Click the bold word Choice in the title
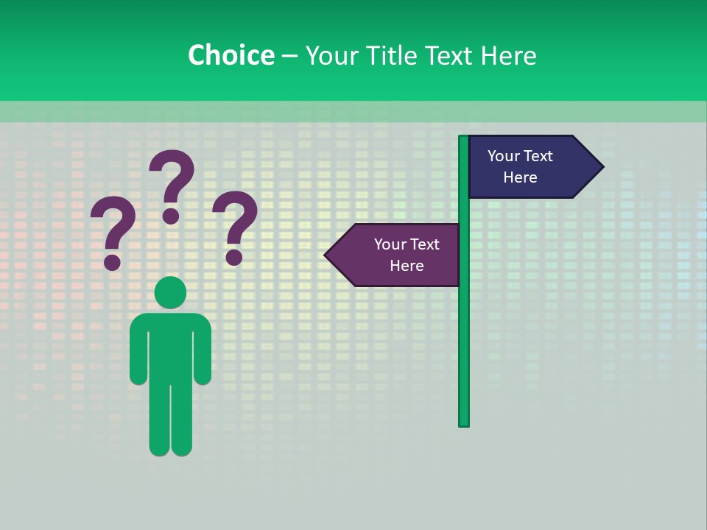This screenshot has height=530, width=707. pos(231,55)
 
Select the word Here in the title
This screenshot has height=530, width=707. pos(508,55)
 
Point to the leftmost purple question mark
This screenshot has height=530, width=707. pos(113,233)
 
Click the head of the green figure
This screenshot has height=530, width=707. pos(171,293)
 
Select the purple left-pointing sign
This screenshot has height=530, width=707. pos(398,255)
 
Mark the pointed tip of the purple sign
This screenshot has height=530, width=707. pos(327,255)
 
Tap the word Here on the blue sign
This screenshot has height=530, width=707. pos(520,177)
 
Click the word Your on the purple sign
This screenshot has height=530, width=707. pos(389,244)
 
